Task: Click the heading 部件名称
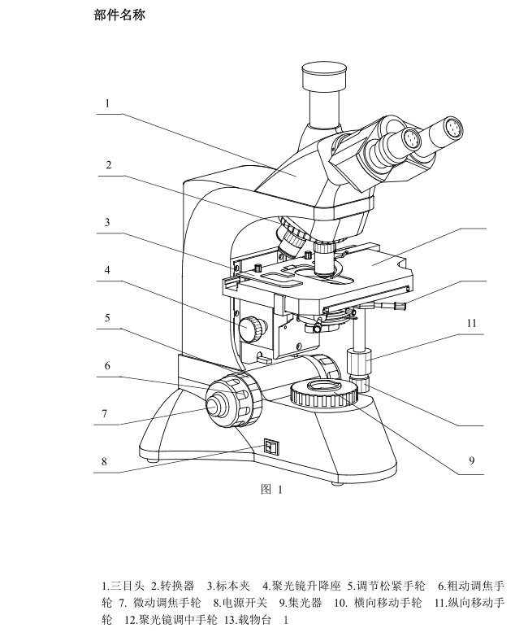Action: pyautogui.click(x=119, y=15)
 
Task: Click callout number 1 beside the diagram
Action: pyautogui.click(x=107, y=103)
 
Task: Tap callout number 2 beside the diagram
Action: pyautogui.click(x=109, y=165)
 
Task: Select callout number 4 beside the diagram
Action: pyautogui.click(x=107, y=270)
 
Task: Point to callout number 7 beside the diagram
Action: pyautogui.click(x=105, y=414)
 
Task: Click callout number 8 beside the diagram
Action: pyautogui.click(x=104, y=461)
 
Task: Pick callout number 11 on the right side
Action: pyautogui.click(x=472, y=324)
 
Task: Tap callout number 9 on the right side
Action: pyautogui.click(x=472, y=460)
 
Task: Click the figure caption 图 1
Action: pyautogui.click(x=272, y=489)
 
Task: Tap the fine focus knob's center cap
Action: pyautogui.click(x=214, y=406)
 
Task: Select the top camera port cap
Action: pyautogui.click(x=325, y=76)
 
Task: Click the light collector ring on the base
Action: pyautogui.click(x=324, y=392)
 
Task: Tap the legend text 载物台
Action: pyautogui.click(x=254, y=620)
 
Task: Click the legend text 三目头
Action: pyautogui.click(x=128, y=586)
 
